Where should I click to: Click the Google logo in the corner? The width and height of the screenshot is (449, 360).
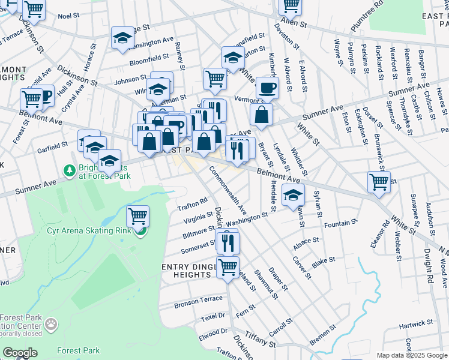tap(20, 352)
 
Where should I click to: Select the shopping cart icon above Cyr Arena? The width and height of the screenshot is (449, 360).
tap(138, 216)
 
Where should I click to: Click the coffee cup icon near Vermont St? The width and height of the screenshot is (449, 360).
tap(268, 88)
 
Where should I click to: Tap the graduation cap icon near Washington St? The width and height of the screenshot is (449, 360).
tap(293, 195)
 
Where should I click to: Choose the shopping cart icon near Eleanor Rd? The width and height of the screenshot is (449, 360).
tap(379, 181)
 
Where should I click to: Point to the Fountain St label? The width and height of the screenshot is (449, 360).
tap(340, 224)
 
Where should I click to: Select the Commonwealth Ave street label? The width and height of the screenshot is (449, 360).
tap(228, 191)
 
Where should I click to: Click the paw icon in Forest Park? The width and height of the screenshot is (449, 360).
tap(52, 325)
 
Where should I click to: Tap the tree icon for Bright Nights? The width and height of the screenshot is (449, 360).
tap(70, 172)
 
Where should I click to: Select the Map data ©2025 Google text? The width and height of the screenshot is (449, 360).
tap(412, 355)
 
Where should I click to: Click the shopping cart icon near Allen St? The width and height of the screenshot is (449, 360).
tap(291, 5)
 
